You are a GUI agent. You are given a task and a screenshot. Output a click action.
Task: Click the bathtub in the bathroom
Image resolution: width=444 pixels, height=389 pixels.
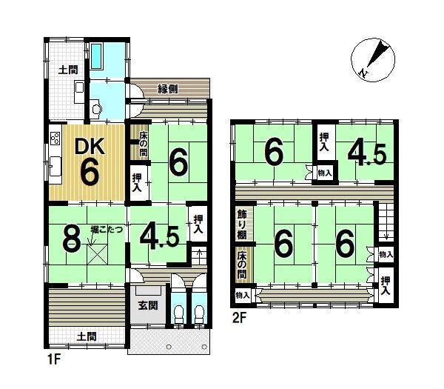pyautogui.click(x=96, y=56)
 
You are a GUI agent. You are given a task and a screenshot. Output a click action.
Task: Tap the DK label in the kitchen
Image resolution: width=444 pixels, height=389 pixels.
pyautogui.click(x=90, y=146)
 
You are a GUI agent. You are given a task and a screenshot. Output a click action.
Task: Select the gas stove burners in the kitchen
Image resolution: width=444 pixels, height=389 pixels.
pyautogui.click(x=55, y=139)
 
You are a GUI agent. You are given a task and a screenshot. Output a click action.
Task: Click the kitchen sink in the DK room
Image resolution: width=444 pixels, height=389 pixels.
pyautogui.click(x=55, y=166)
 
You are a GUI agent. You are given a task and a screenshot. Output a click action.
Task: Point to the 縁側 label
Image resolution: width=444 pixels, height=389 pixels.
pyautogui.click(x=168, y=89)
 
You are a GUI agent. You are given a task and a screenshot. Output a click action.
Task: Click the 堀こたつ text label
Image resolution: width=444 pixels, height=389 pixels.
pyautogui.click(x=107, y=229)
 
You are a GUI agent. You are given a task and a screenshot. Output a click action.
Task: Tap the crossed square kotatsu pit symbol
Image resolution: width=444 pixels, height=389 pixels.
pyautogui.click(x=97, y=255)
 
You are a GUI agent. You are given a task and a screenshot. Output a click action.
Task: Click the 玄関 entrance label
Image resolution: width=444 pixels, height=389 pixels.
pyautogui.click(x=148, y=305)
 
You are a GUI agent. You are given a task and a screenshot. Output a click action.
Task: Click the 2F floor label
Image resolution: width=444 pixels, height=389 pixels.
pyautogui.click(x=239, y=318)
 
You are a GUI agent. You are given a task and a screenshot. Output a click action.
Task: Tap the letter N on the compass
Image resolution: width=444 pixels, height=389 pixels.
pyautogui.click(x=363, y=73)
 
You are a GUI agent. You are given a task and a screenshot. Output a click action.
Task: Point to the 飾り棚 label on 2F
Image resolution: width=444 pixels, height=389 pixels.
pyautogui.click(x=242, y=224)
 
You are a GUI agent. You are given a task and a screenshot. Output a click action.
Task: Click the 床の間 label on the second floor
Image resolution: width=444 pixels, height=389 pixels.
pyautogui.click(x=242, y=265)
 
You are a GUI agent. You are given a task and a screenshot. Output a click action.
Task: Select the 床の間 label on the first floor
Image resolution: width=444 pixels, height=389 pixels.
pyautogui.click(x=144, y=143)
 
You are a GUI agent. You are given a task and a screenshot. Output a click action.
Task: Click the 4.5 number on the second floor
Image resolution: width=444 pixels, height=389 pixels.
pyautogui.click(x=367, y=155)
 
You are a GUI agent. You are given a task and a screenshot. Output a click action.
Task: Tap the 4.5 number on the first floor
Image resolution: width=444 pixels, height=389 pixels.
pyautogui.click(x=159, y=238)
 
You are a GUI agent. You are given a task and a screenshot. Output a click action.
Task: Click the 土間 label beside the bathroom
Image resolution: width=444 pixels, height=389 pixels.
pyautogui.click(x=68, y=70)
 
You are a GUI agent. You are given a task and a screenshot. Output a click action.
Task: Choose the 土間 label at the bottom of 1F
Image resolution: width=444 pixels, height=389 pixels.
pyautogui.click(x=87, y=336)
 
